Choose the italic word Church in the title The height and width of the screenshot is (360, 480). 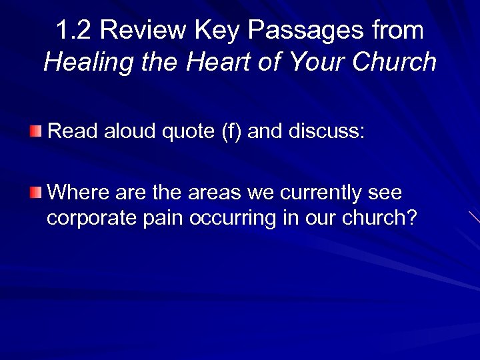point(394,63)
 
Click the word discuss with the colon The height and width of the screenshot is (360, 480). point(326,129)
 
